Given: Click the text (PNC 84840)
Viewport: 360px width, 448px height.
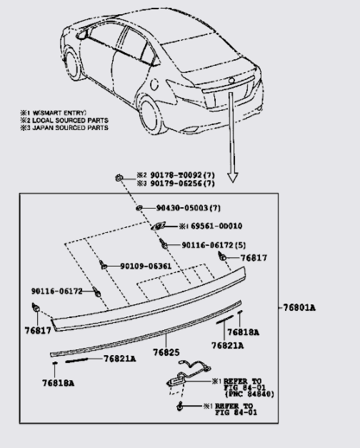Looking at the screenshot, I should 250,394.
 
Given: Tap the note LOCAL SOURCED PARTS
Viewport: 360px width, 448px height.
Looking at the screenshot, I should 68,120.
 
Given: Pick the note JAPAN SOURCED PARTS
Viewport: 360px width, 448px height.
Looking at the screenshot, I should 68,127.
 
